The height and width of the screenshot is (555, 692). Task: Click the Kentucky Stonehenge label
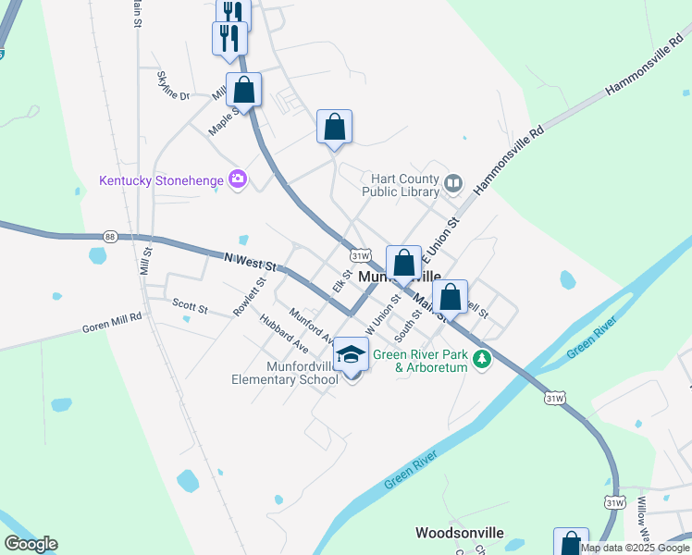(162, 178)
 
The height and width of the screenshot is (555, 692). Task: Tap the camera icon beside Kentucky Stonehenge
(239, 178)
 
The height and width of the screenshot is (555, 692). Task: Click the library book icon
(453, 181)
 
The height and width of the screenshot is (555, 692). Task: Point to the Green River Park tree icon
(480, 359)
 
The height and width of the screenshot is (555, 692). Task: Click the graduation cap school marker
(352, 354)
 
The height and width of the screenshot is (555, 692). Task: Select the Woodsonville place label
(459, 533)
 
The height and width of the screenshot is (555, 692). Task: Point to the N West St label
(251, 263)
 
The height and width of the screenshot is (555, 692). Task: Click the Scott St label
(190, 305)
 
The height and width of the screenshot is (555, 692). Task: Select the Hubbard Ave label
(283, 333)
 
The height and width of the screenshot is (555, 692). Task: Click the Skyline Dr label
(173, 84)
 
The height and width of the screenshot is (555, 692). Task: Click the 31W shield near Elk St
(361, 255)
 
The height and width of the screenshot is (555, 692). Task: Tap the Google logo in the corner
(31, 544)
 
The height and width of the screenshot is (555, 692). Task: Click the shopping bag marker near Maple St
(244, 92)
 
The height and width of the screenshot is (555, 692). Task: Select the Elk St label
(343, 281)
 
